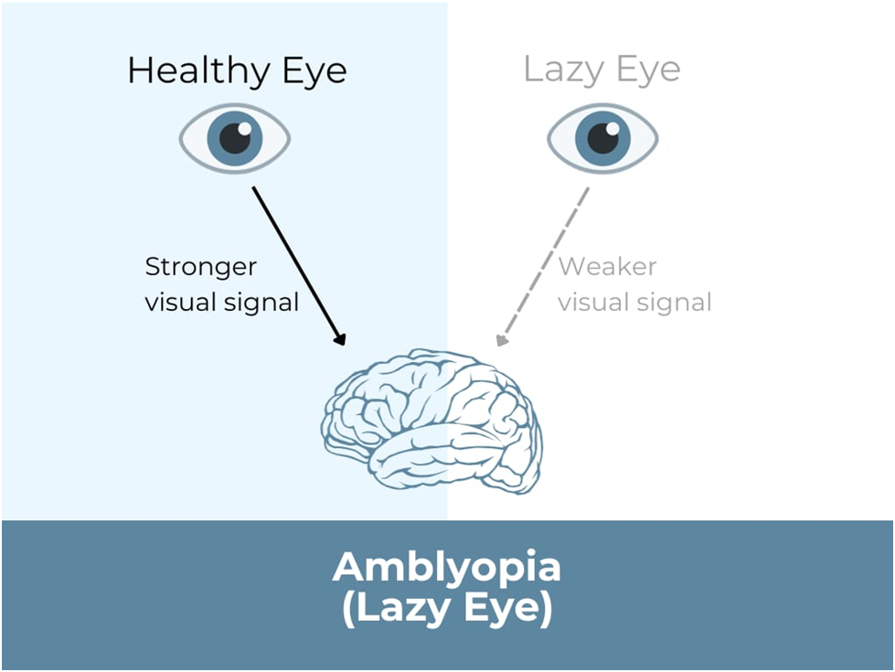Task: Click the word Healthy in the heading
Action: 193,70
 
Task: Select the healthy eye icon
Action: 235,139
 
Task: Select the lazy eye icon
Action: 602,139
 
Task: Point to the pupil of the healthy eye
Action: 236,138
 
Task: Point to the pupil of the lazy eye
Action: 603,138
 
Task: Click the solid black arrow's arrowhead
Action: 341,339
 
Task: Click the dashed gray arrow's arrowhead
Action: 500,340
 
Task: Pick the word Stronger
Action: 201,267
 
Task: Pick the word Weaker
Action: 607,267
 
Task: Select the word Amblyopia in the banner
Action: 447,568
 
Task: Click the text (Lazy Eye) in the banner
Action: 447,610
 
